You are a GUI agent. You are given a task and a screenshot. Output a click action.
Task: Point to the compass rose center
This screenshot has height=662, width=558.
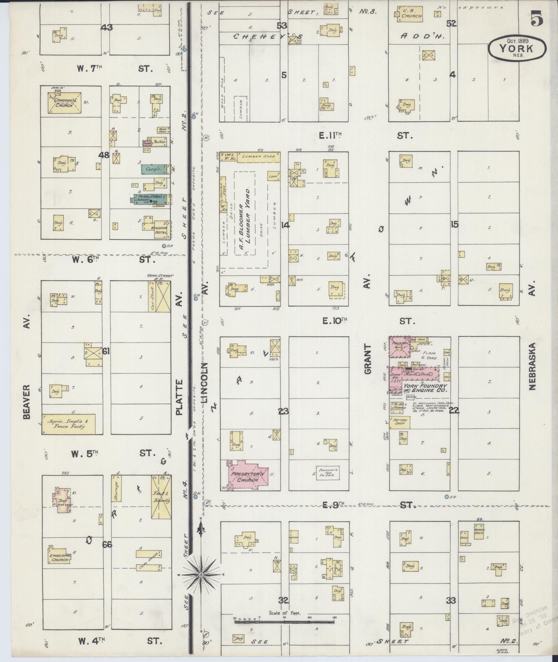pos(200,575)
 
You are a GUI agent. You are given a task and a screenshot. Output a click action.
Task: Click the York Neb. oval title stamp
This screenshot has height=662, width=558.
pos(517,49)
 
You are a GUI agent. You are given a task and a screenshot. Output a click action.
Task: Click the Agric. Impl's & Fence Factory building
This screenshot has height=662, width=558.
pos(68,424)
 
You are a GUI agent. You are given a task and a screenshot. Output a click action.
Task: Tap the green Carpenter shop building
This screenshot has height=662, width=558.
pos(153,170)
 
